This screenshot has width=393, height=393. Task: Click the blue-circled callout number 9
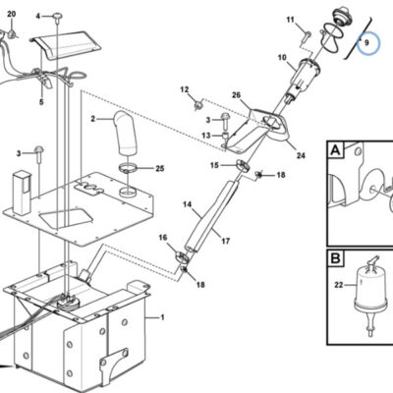(x=366, y=43)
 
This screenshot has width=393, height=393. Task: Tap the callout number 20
(x=12, y=14)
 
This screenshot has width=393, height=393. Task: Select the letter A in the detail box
(x=336, y=150)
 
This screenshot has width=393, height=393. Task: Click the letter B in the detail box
(x=336, y=258)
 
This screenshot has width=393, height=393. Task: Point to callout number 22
(x=339, y=285)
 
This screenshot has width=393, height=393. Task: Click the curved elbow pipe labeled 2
(x=126, y=134)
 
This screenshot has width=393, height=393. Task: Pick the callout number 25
(x=159, y=169)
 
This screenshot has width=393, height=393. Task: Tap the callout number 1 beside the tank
(x=162, y=317)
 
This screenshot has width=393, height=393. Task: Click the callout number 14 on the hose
(x=188, y=204)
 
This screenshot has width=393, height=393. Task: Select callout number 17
(x=226, y=241)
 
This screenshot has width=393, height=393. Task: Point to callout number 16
(x=163, y=238)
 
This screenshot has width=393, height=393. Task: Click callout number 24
(x=301, y=155)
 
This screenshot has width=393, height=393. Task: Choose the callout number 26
(x=236, y=95)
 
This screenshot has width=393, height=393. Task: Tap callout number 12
(x=185, y=89)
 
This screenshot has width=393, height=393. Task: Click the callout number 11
(x=291, y=20)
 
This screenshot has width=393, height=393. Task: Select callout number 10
(x=282, y=58)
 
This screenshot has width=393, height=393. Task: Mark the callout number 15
(x=214, y=165)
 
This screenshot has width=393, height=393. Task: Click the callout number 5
(x=41, y=102)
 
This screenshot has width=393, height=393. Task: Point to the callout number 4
(x=38, y=16)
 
